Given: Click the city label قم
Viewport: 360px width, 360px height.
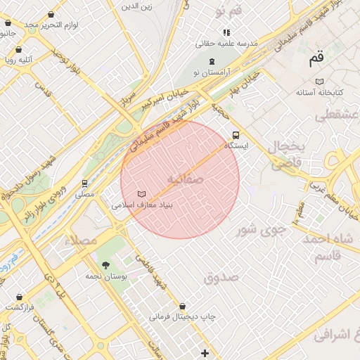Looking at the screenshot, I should pyautogui.click(x=318, y=60).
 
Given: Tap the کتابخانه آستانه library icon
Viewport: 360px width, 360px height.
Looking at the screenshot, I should pyautogui.click(x=320, y=82).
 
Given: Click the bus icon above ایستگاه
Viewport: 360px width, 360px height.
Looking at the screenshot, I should pyautogui.click(x=235, y=135).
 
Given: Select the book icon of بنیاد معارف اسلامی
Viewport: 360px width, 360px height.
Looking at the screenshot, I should pyautogui.click(x=142, y=194).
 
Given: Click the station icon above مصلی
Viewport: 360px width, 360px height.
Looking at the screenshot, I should pyautogui.click(x=85, y=183).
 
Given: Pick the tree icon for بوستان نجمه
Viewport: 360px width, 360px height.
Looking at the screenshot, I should pyautogui.click(x=105, y=265).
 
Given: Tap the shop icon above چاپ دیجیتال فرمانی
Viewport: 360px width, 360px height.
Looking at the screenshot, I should pyautogui.click(x=183, y=307).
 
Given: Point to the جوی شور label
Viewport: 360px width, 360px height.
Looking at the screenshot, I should pyautogui.click(x=261, y=229).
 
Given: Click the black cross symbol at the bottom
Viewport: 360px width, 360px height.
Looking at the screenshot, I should pyautogui.click(x=205, y=352).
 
